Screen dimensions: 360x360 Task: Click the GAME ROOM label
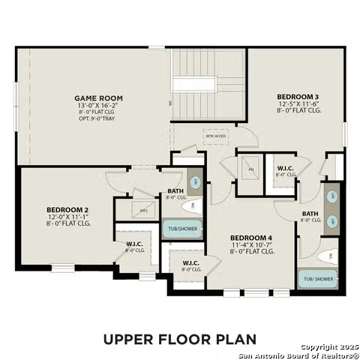pos(98,98)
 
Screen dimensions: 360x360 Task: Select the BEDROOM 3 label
pos(298,97)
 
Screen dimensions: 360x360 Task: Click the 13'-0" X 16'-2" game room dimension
pos(98,106)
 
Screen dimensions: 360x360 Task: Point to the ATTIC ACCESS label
pos(214,136)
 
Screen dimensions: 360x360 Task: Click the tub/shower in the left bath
pos(183,229)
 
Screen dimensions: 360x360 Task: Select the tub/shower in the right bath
pos(317,279)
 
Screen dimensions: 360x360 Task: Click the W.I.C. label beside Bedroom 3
pos(285,168)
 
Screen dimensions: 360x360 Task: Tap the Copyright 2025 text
pos(328,347)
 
